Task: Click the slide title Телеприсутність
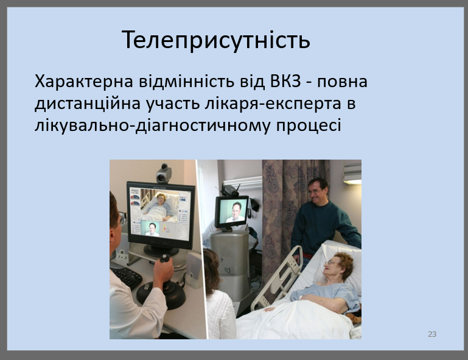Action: pos(216,40)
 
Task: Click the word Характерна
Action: pos(84,81)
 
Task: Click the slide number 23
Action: pos(432,334)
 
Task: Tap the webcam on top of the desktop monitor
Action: pos(163,173)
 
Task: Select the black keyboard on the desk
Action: pos(127,276)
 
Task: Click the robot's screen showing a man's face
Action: pos(232,211)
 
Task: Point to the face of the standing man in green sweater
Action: pos(317,190)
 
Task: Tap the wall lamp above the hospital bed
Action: pos(352,173)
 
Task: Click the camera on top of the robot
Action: pos(231,189)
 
